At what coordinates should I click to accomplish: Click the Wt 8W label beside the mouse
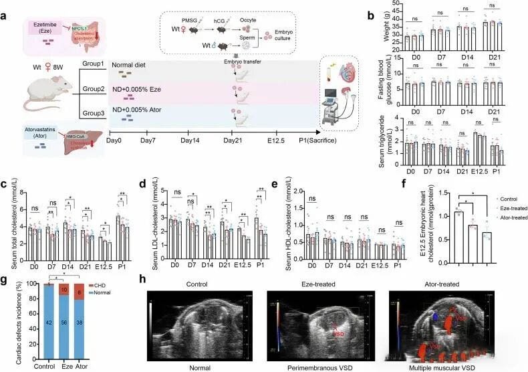(x=35, y=67)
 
